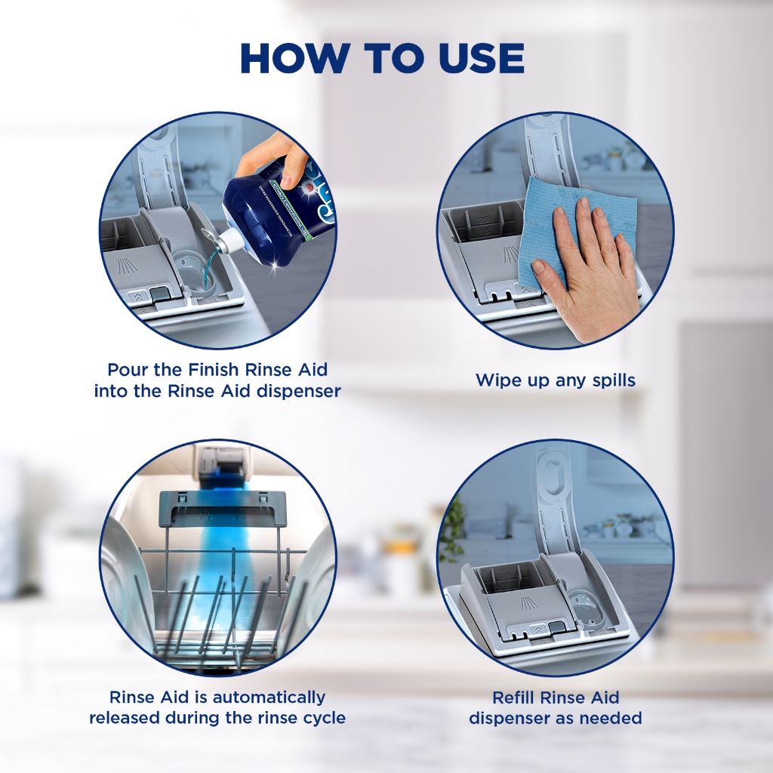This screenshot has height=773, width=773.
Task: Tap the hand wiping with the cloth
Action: [586, 267]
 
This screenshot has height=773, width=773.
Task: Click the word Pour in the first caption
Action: [128, 370]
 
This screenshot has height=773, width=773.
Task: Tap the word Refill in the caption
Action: [513, 698]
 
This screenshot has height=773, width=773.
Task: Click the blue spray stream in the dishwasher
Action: [220, 567]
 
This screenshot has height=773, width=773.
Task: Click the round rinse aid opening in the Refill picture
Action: [582, 603]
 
